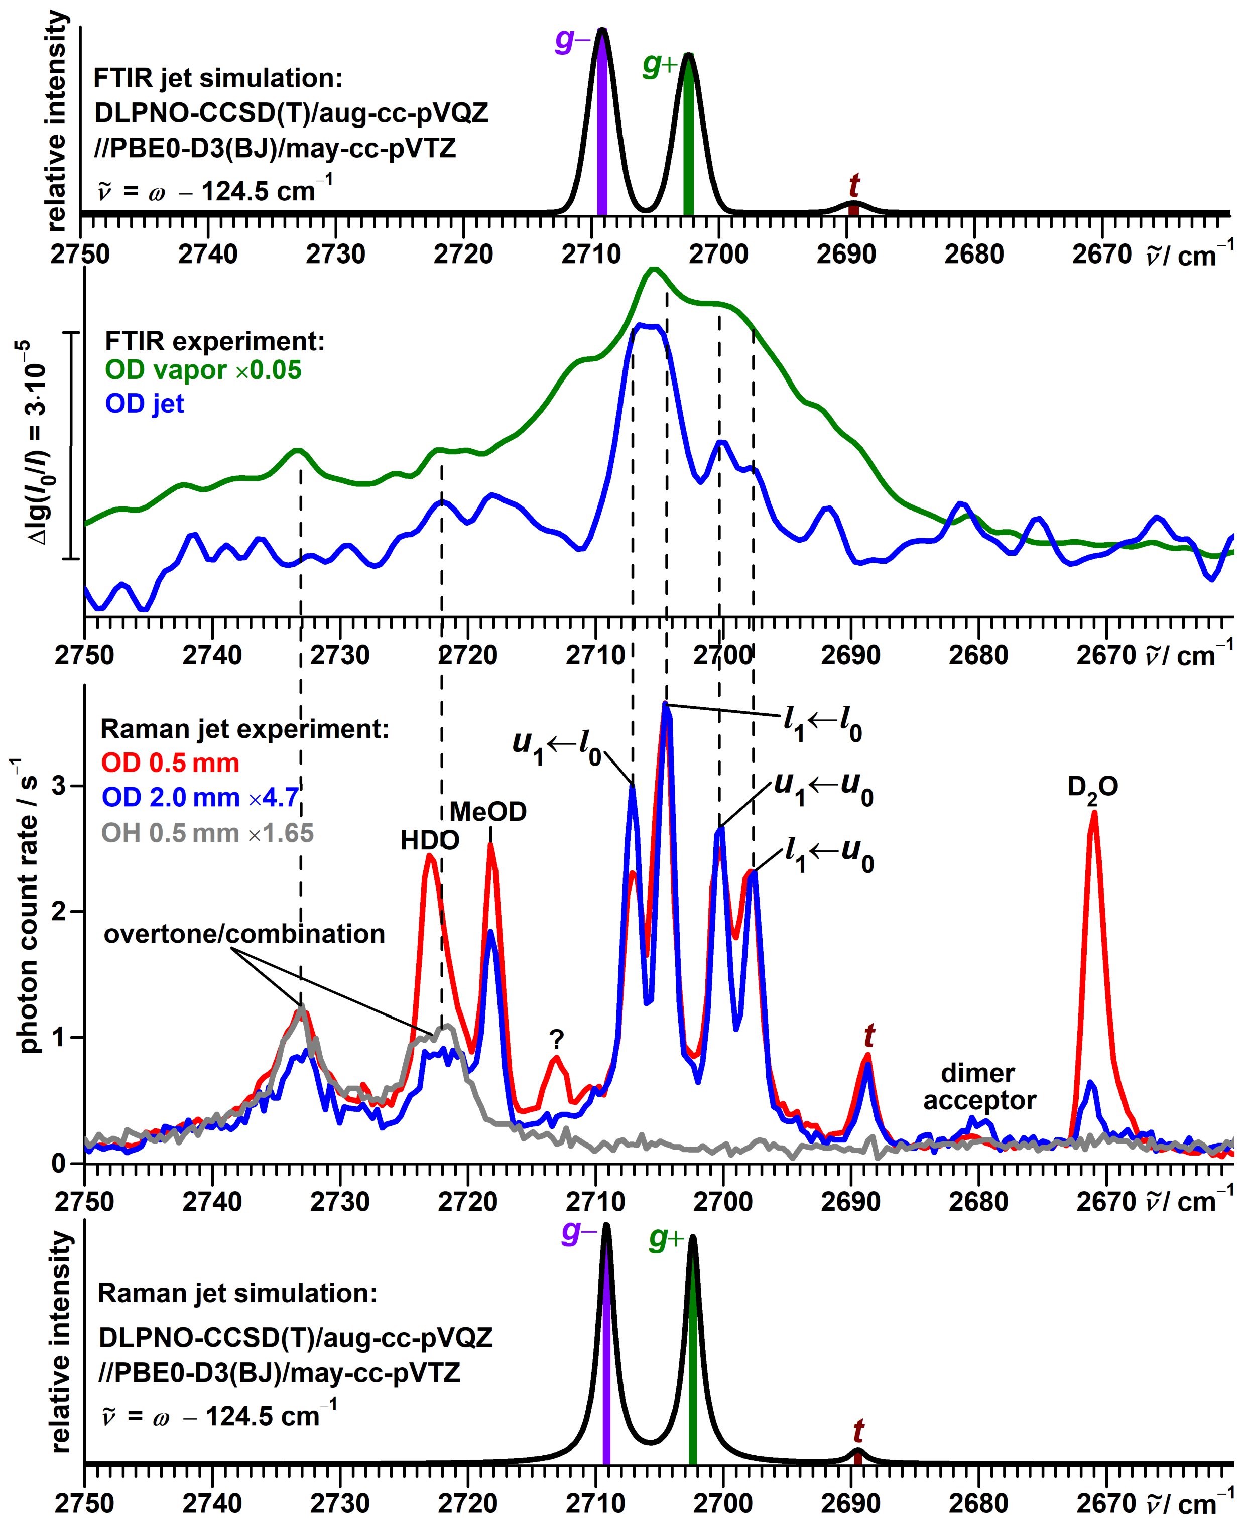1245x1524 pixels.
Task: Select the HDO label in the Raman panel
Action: point(430,840)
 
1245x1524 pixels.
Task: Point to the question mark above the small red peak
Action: point(557,1039)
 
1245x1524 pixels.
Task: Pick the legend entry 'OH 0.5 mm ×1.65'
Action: point(207,833)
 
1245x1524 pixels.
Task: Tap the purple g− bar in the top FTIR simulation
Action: point(602,122)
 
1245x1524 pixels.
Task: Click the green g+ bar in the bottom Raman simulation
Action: point(693,1348)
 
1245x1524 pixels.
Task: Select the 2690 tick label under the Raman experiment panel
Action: point(850,1201)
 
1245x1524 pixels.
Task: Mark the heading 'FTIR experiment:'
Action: point(214,341)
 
